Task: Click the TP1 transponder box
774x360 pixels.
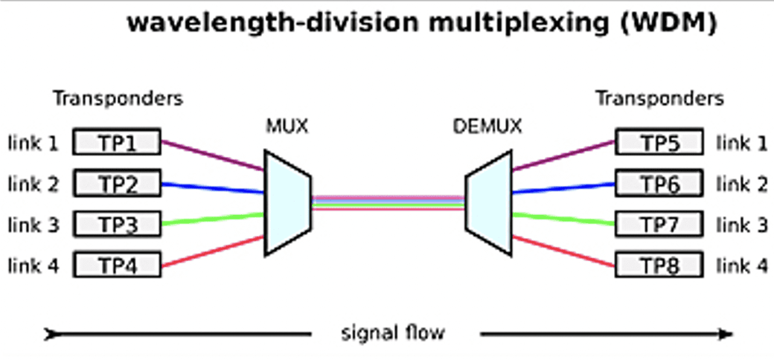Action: pyautogui.click(x=117, y=142)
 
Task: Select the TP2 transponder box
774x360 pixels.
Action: pyautogui.click(x=117, y=182)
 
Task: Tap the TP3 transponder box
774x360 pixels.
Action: pyautogui.click(x=117, y=222)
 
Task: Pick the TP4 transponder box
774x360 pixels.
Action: pyautogui.click(x=117, y=263)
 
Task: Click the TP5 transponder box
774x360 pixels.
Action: pyautogui.click(x=659, y=142)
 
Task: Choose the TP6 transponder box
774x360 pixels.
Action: pyautogui.click(x=659, y=182)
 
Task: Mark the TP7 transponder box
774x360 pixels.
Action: pyautogui.click(x=659, y=222)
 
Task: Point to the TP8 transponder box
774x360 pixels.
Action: pyautogui.click(x=659, y=263)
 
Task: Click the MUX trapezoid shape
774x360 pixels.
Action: pyautogui.click(x=287, y=202)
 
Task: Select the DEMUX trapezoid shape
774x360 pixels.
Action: pyautogui.click(x=489, y=202)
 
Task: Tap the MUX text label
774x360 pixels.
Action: pyautogui.click(x=287, y=127)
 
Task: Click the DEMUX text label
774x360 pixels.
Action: pyautogui.click(x=487, y=127)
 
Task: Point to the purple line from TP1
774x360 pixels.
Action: pyautogui.click(x=212, y=155)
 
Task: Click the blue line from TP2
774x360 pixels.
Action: pyautogui.click(x=212, y=187)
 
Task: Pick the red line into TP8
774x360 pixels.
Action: pyautogui.click(x=563, y=251)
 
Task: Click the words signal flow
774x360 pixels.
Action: pyautogui.click(x=392, y=332)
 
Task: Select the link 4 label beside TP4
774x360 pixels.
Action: pyautogui.click(x=33, y=263)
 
